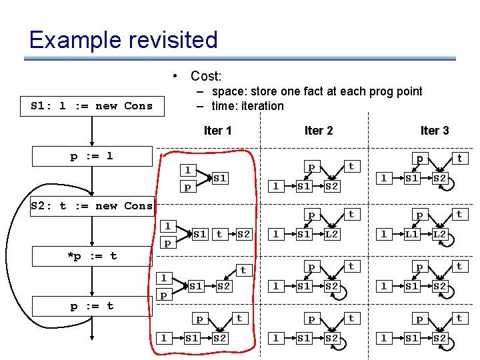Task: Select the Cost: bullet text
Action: click(x=205, y=76)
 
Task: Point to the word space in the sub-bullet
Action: click(x=227, y=91)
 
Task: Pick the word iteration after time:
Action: click(x=263, y=106)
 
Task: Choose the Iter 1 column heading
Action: click(x=217, y=130)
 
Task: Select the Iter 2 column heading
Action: click(x=318, y=130)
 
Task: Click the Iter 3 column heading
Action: click(x=434, y=130)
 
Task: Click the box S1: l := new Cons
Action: click(x=92, y=105)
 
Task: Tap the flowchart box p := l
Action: click(x=92, y=156)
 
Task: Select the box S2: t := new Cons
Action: click(x=92, y=205)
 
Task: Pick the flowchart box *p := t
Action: click(x=92, y=255)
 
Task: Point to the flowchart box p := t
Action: click(x=92, y=305)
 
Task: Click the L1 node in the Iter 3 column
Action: click(x=412, y=234)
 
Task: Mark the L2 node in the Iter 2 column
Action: click(x=332, y=234)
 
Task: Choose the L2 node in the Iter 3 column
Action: click(x=440, y=234)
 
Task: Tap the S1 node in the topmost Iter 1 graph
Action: click(x=220, y=179)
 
